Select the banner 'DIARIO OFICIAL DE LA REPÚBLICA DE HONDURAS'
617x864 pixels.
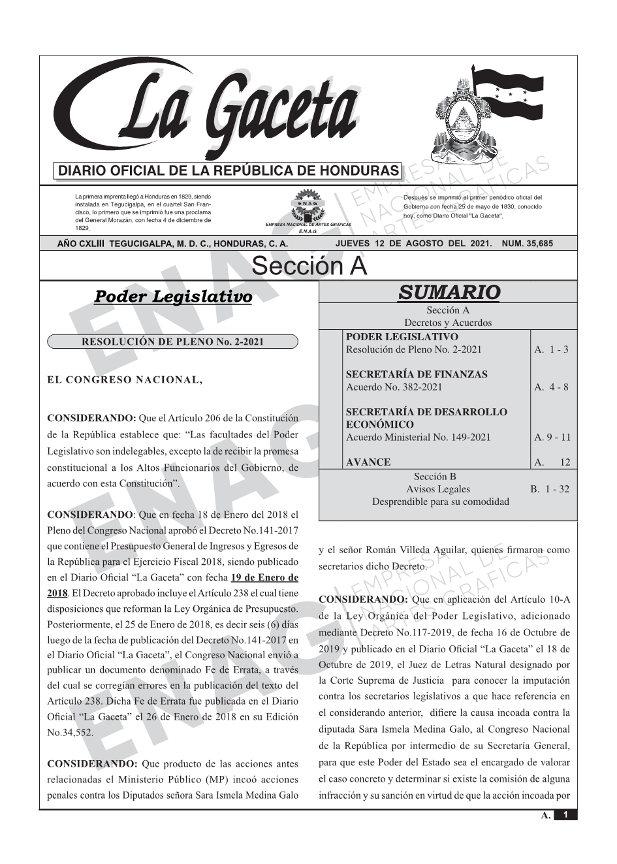(229, 171)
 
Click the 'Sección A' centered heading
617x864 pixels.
(309, 266)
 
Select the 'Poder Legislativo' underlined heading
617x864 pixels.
(174, 296)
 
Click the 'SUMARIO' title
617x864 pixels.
(449, 292)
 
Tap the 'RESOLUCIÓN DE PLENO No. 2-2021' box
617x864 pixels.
(172, 341)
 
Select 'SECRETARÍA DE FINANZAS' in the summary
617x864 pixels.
(417, 374)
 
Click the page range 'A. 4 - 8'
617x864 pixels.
(551, 387)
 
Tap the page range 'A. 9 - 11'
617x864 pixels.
(552, 437)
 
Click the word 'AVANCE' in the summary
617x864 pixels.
(368, 462)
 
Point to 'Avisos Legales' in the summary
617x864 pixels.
(438, 488)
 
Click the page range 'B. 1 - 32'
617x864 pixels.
(549, 488)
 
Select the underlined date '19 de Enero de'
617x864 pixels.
(264, 577)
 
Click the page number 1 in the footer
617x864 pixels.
(565, 815)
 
